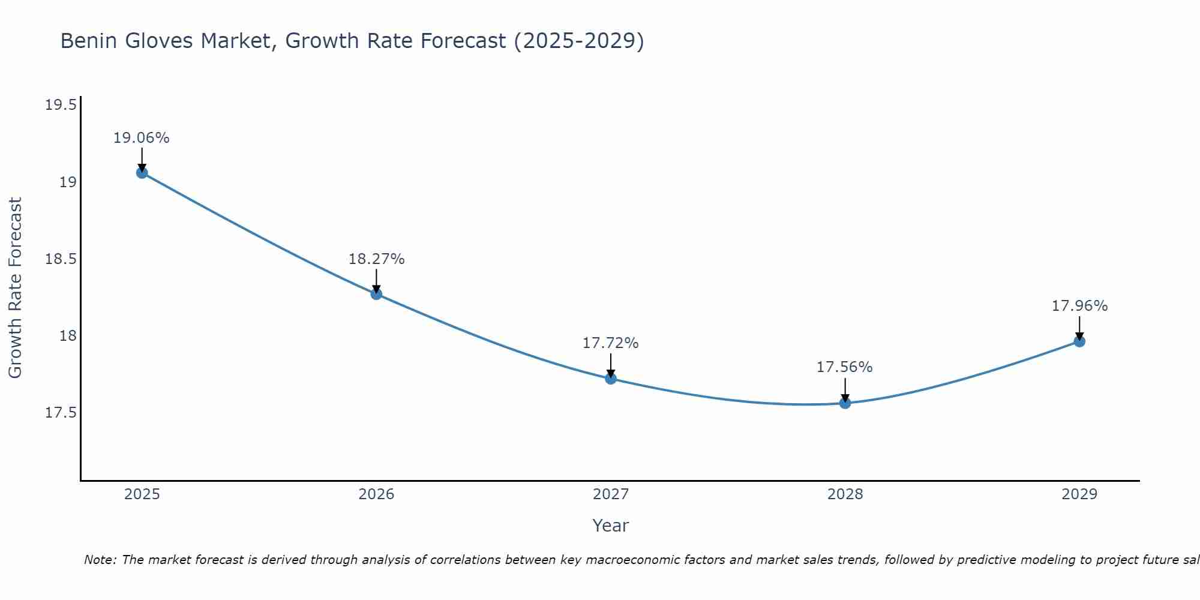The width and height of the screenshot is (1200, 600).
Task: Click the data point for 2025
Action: coord(142,173)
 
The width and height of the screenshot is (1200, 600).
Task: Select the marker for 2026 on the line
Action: coord(376,294)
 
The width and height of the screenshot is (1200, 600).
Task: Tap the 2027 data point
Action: coord(611,379)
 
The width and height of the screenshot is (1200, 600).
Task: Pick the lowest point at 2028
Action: coord(845,403)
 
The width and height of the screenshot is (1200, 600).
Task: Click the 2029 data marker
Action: coord(1079,341)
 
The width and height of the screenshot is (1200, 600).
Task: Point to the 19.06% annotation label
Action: coord(142,138)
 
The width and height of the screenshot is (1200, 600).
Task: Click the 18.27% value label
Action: coord(376,259)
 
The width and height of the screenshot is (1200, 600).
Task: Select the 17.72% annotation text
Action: coord(611,343)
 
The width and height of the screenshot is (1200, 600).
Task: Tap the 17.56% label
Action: coord(845,367)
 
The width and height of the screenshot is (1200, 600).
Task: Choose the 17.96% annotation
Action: coord(1079,306)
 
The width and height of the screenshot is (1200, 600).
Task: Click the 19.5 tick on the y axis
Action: coord(61,106)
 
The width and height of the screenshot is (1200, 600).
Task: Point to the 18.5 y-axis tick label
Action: coord(61,259)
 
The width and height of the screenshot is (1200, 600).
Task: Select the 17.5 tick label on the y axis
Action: coord(61,413)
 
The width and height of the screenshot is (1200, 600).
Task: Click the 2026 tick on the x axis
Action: coord(376,494)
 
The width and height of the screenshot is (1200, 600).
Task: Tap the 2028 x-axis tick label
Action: coord(845,494)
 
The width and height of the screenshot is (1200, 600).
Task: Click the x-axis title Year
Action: coord(610,526)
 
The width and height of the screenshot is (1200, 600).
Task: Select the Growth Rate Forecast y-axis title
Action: coord(16,287)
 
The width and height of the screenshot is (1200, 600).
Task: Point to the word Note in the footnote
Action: coord(100,560)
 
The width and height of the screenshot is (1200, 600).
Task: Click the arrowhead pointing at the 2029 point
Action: coord(1079,336)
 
